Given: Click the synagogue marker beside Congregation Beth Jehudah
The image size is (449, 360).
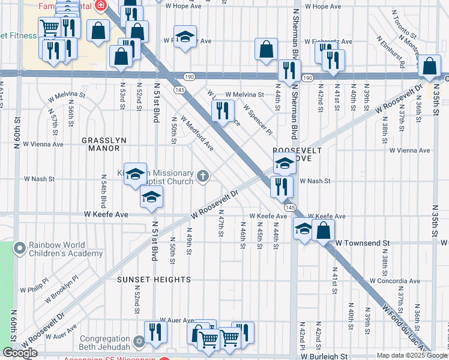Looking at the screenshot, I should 139,341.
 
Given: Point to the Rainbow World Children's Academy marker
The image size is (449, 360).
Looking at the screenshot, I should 20,247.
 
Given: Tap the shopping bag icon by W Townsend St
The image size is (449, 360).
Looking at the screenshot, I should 323,230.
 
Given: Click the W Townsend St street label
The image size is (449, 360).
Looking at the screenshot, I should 363,244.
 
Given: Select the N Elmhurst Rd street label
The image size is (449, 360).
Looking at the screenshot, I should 394,50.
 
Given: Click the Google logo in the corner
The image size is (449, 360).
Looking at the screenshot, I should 20,353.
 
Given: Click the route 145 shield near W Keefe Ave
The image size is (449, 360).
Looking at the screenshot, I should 290,207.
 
